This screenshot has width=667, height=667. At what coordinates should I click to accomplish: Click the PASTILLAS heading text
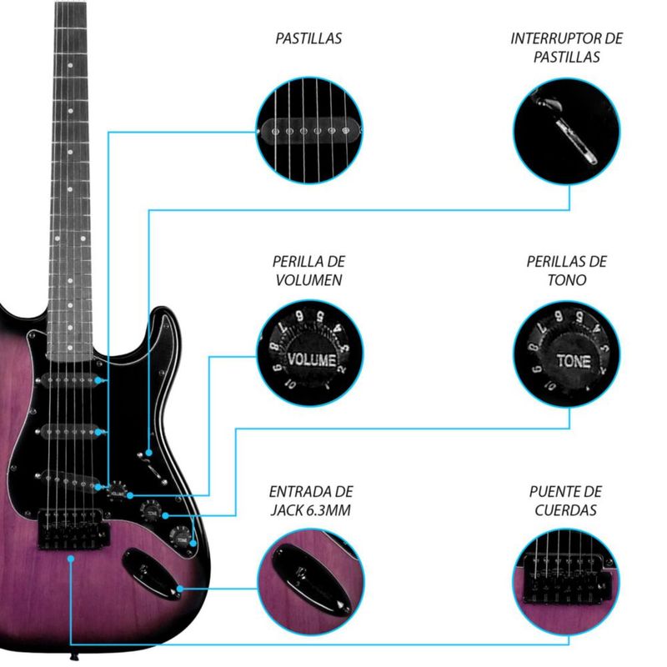point(308,38)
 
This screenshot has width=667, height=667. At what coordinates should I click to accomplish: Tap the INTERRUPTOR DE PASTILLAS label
point(567,48)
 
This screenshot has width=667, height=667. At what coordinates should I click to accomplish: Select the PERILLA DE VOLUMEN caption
point(308,270)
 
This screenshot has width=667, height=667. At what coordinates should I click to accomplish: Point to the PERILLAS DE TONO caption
point(567,270)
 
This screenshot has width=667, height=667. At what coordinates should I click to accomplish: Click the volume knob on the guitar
point(118,490)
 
